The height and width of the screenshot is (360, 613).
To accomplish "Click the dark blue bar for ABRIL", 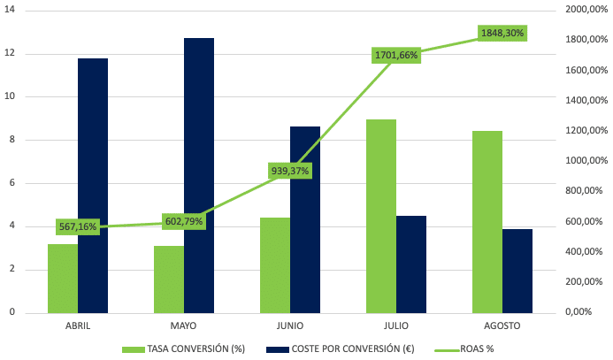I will pyautogui.click(x=93, y=186).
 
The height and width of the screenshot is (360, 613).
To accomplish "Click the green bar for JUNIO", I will pyautogui.click(x=275, y=264).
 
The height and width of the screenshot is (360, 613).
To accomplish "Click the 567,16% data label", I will pyautogui.click(x=78, y=226).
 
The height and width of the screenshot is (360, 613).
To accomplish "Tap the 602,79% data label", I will pyautogui.click(x=184, y=221).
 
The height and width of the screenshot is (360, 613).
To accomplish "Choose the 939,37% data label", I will pyautogui.click(x=290, y=171).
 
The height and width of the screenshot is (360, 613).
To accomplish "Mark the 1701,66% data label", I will pyautogui.click(x=396, y=56).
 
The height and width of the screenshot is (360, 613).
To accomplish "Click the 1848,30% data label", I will pyautogui.click(x=502, y=33).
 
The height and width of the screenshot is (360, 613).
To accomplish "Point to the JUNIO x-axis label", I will pyautogui.click(x=290, y=326).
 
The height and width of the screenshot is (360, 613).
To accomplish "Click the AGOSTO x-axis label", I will pyautogui.click(x=502, y=326).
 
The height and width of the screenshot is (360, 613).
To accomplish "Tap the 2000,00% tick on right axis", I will pyautogui.click(x=587, y=11).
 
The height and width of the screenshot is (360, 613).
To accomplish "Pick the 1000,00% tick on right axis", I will pyautogui.click(x=587, y=161).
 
